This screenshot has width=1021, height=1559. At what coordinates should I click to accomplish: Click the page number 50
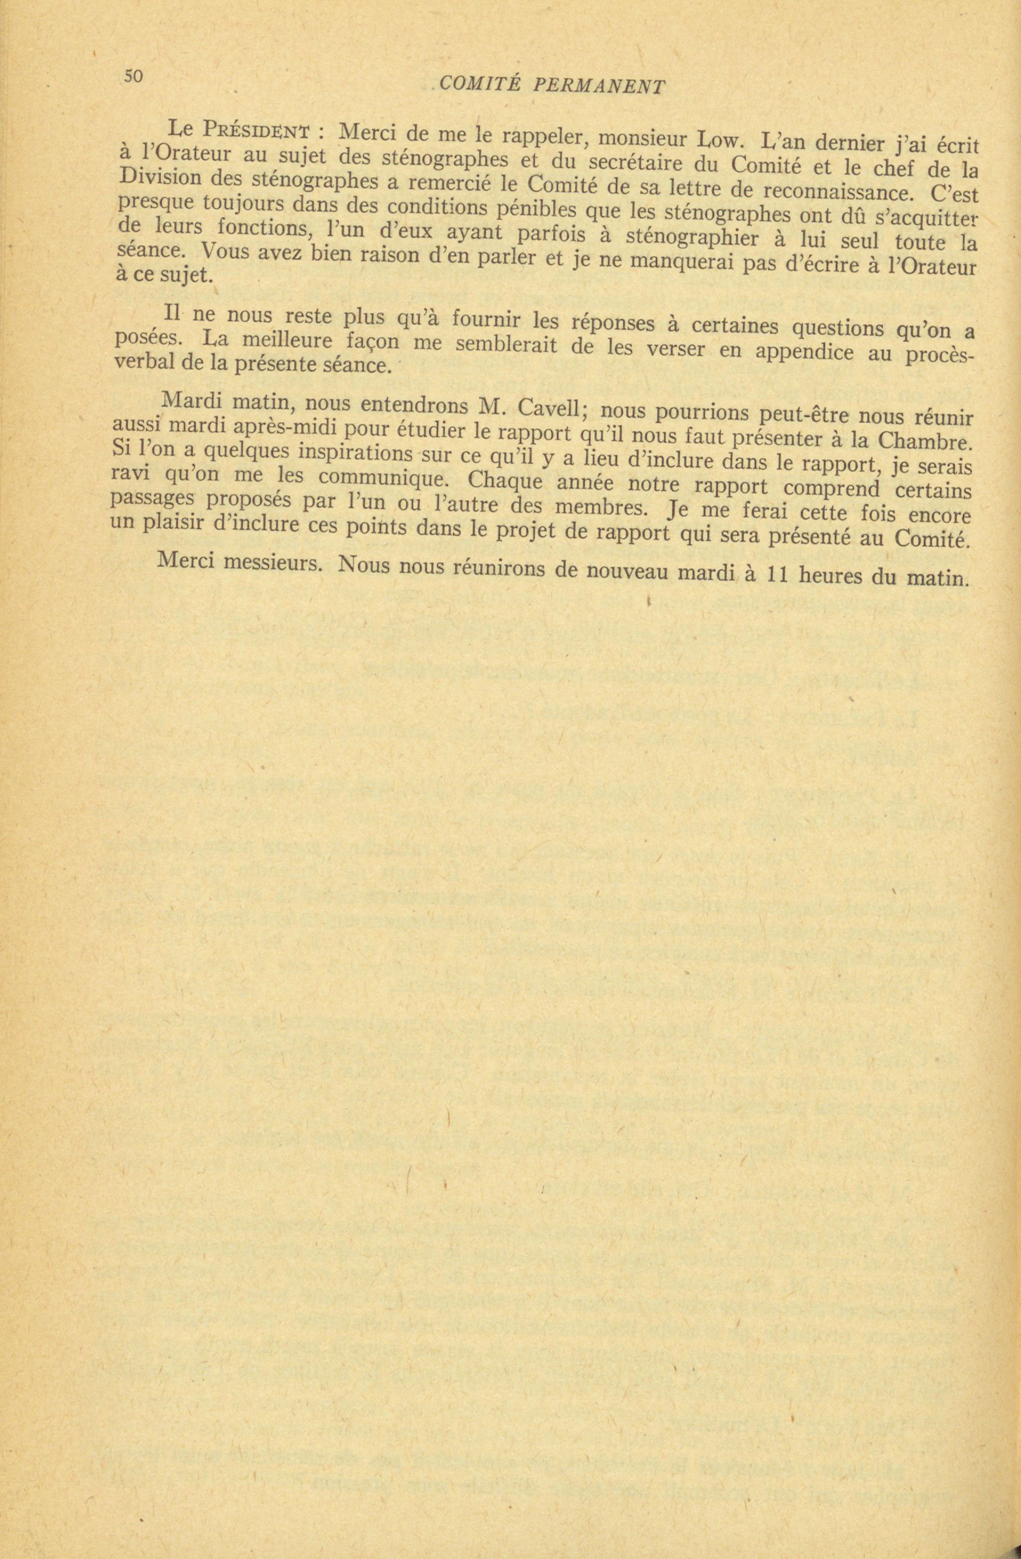133,76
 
